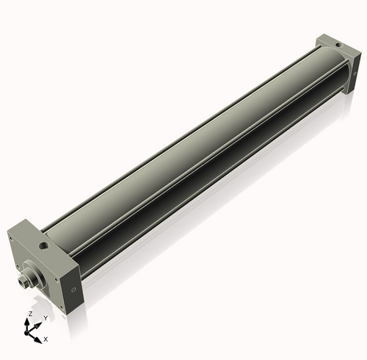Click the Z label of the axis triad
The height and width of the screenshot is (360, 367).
29,313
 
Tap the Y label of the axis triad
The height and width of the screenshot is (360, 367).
45,317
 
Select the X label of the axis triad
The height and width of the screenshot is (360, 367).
46,339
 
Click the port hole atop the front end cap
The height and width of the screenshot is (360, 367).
45,242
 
